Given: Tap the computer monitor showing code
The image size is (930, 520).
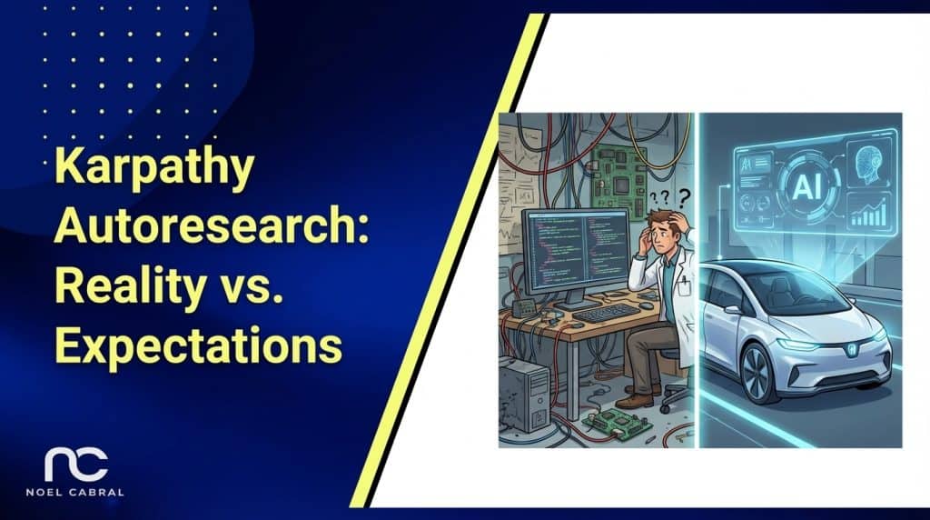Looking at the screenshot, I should click(x=575, y=251).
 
